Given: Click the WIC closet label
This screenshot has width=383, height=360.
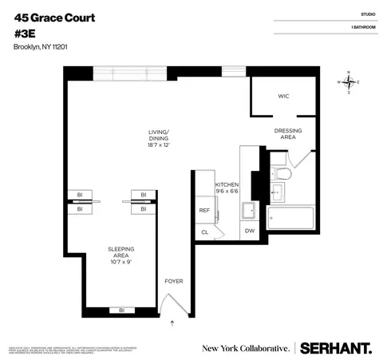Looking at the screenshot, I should tap(282, 97).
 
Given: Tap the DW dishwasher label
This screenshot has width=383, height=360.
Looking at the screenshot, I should tap(249, 231).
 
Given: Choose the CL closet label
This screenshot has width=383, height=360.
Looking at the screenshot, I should tap(203, 231).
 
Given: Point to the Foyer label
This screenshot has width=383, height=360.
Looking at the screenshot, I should tap(173, 282).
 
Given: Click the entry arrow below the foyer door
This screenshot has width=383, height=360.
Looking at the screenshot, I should tap(173, 323).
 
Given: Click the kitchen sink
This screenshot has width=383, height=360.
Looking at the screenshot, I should tap(248, 211).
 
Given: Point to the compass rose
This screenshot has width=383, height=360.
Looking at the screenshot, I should tap(349, 82).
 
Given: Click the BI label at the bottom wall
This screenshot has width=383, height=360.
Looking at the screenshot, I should tap(121, 310).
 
